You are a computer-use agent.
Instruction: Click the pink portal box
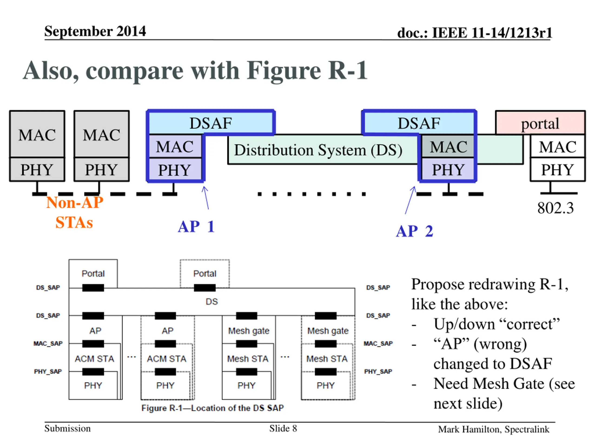coord(540,123)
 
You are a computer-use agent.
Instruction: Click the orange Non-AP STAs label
coord(75,212)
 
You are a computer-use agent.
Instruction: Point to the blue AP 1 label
coord(196,226)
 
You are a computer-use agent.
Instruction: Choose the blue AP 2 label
coord(414,231)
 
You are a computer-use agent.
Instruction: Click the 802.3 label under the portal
coord(555,208)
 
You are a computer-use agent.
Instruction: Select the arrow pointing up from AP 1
coord(206,198)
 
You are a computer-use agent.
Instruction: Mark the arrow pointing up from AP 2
coord(410,200)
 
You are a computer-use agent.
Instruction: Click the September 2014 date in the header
coord(95,31)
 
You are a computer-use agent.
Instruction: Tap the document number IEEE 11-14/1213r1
coord(475,33)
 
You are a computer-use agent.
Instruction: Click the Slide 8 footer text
coord(283,428)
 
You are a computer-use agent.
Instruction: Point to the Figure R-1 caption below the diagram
coord(212,408)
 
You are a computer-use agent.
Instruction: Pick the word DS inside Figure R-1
coord(212,301)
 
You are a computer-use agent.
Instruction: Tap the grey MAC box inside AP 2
coord(448,147)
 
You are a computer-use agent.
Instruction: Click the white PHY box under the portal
coord(558,169)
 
